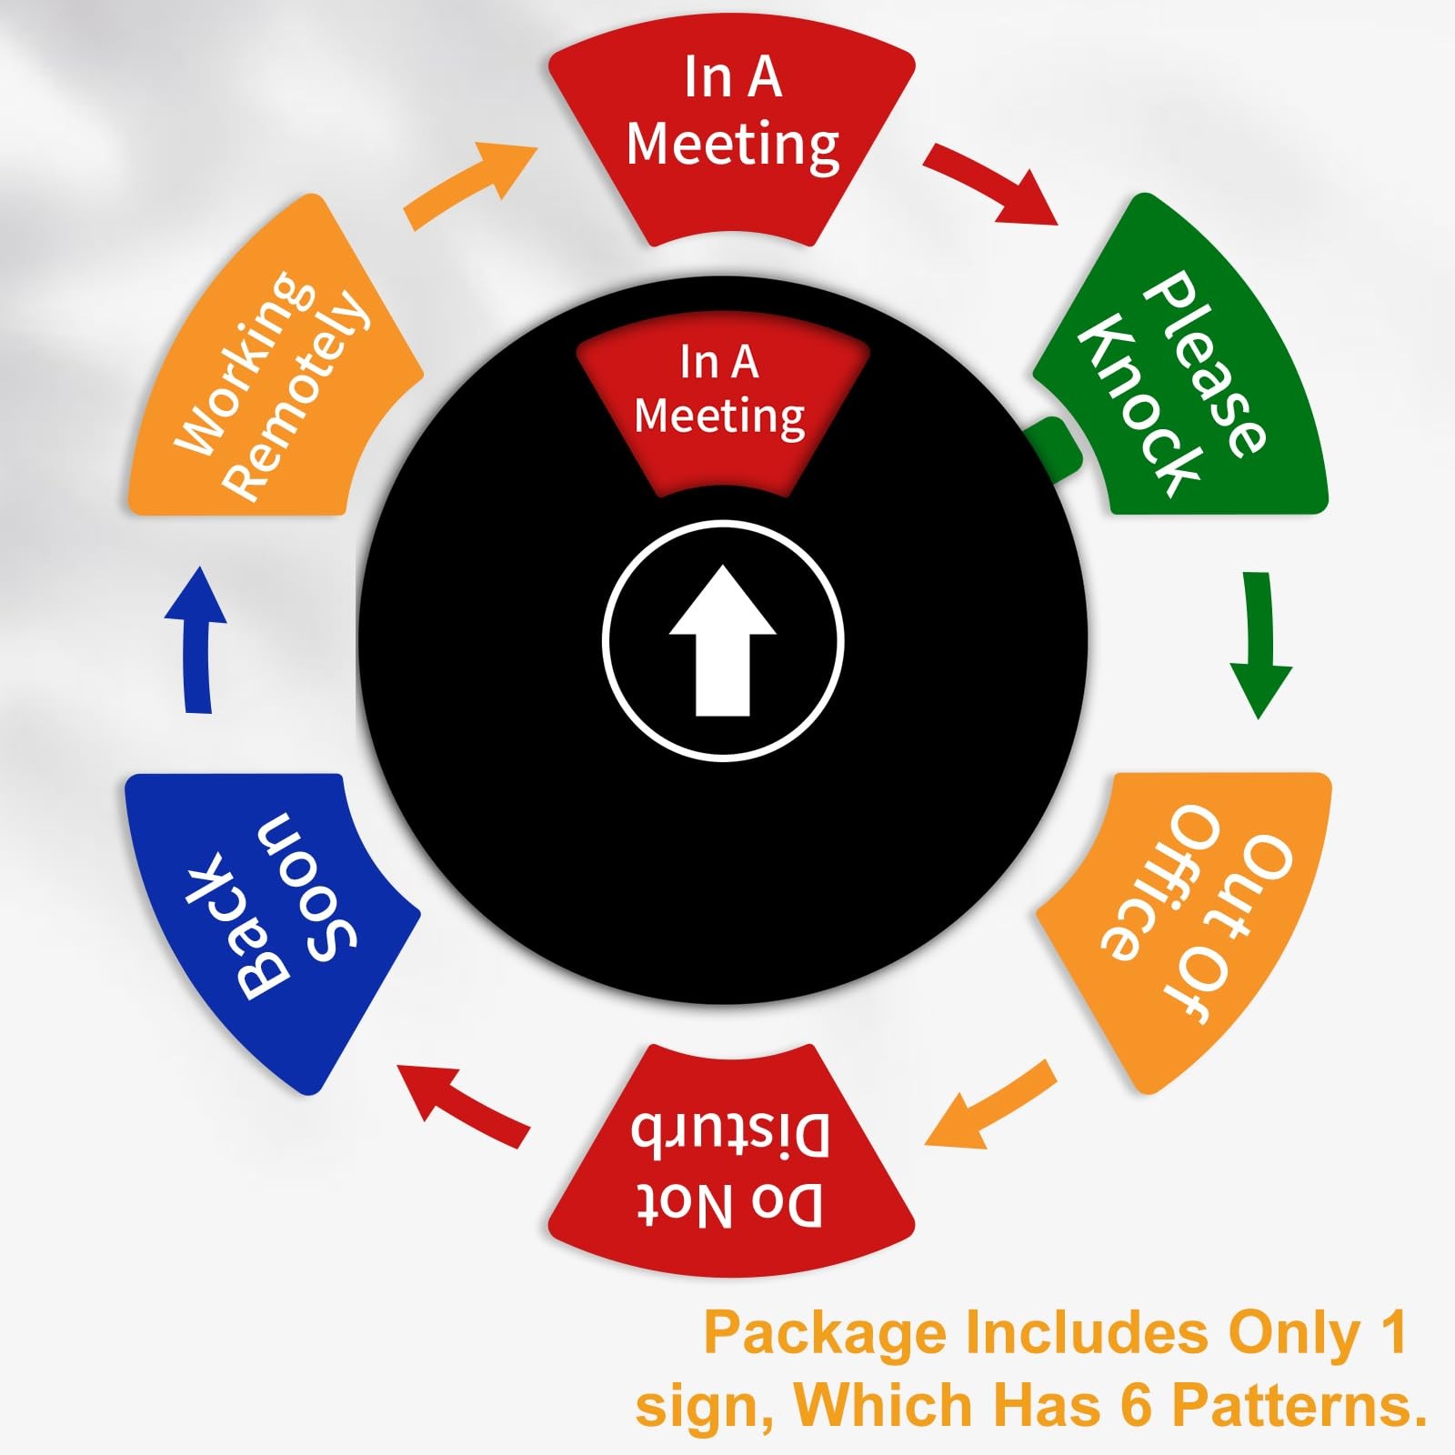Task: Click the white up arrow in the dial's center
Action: [x=723, y=641]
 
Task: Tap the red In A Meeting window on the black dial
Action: [x=722, y=400]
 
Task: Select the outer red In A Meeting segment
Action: [x=732, y=136]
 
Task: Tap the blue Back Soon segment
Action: [x=273, y=918]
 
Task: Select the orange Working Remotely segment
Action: [x=273, y=373]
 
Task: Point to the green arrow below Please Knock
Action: [x=1259, y=641]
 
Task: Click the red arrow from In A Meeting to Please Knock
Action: [x=991, y=182]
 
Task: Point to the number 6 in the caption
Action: [x=1136, y=1405]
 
